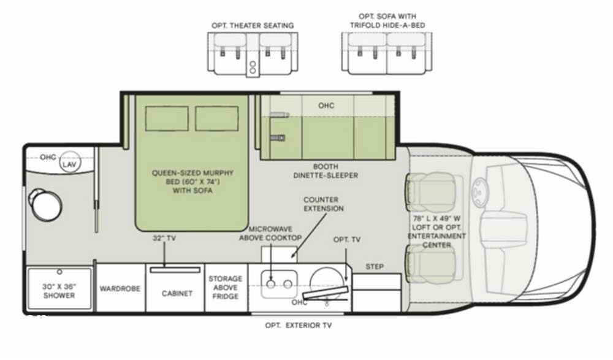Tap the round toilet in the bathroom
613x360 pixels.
47,205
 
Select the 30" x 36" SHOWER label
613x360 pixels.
59,291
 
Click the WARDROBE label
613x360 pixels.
120,288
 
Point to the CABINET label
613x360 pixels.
177,293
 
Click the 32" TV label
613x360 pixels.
164,239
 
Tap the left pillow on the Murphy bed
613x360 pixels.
167,118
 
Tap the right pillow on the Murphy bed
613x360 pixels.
216,118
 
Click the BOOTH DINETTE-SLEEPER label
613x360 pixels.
326,170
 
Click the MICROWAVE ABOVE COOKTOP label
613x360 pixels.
270,233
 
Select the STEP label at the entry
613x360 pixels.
375,267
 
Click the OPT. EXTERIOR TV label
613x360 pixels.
298,325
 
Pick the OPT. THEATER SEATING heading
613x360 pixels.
253,25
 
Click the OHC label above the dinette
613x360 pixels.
326,105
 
